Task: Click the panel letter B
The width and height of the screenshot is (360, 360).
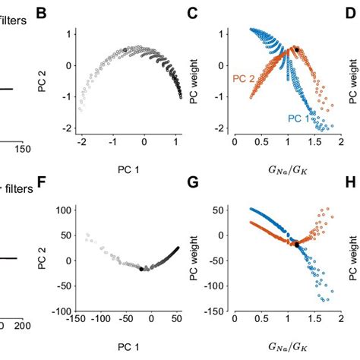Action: tap(41, 13)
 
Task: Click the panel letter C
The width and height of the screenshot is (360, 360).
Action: tap(193, 13)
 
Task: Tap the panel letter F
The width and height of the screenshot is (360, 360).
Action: tap(42, 183)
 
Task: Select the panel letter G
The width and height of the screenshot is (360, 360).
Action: tap(193, 183)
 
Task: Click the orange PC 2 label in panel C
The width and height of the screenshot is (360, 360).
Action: tap(244, 79)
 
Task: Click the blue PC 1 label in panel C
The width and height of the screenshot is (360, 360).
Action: tap(298, 118)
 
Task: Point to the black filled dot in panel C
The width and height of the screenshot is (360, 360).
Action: tap(297, 50)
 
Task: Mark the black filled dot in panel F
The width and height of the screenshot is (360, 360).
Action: tap(141, 269)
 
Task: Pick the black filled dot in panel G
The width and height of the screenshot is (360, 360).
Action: tap(297, 245)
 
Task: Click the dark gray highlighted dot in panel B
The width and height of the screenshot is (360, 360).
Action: tap(125, 50)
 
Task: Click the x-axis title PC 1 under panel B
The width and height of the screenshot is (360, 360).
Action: tap(128, 170)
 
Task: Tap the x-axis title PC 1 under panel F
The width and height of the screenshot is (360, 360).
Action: tap(128, 347)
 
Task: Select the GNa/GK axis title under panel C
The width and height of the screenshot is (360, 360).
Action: tap(288, 170)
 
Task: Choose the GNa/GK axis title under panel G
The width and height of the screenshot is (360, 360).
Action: tap(288, 347)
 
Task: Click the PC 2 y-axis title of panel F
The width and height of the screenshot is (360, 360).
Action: tap(42, 258)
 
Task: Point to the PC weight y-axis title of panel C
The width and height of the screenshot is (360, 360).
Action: tap(194, 81)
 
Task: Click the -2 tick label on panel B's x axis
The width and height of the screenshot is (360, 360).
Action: tap(81, 142)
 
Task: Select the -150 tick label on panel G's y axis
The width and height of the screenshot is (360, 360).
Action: tap(215, 311)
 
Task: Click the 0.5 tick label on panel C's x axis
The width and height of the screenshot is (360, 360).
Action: tap(261, 142)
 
